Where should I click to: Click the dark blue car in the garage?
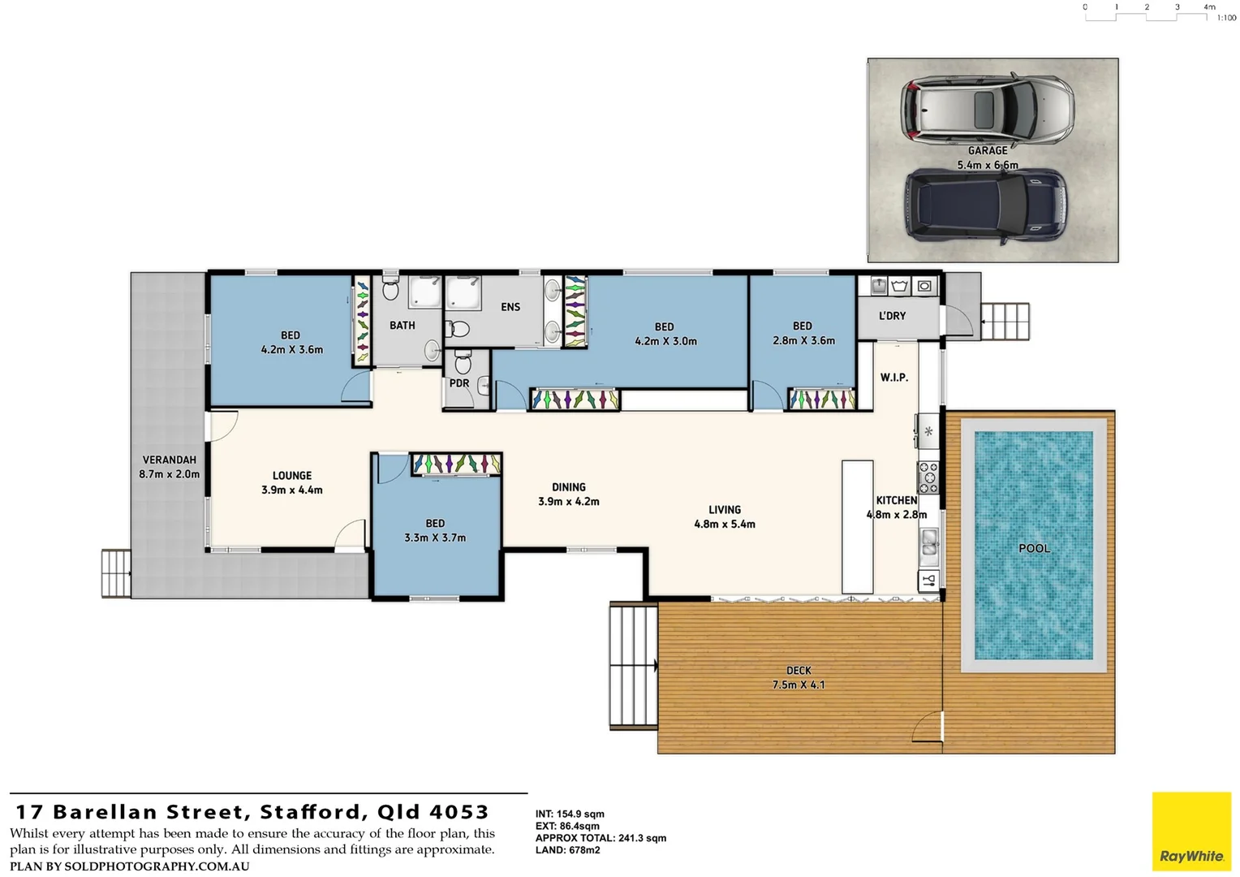pos(985,205)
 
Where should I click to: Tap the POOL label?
pos(1034,548)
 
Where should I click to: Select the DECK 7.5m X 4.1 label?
pos(799,678)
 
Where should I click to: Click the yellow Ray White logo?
pos(1191,832)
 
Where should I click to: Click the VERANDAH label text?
pos(169,460)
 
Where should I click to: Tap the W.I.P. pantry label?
pos(893,378)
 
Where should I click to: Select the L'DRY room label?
pos(892,316)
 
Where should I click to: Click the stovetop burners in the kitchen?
pos(928,477)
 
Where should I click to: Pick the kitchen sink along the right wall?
pos(928,542)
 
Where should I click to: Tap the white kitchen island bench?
pos(857,527)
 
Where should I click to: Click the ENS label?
pos(510,307)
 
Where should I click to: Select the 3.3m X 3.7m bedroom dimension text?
pos(435,538)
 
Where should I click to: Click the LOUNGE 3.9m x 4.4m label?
pos(292,482)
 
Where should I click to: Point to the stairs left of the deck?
pos(633,666)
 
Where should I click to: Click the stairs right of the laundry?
pos(1005,322)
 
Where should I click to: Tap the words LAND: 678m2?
pos(567,850)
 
